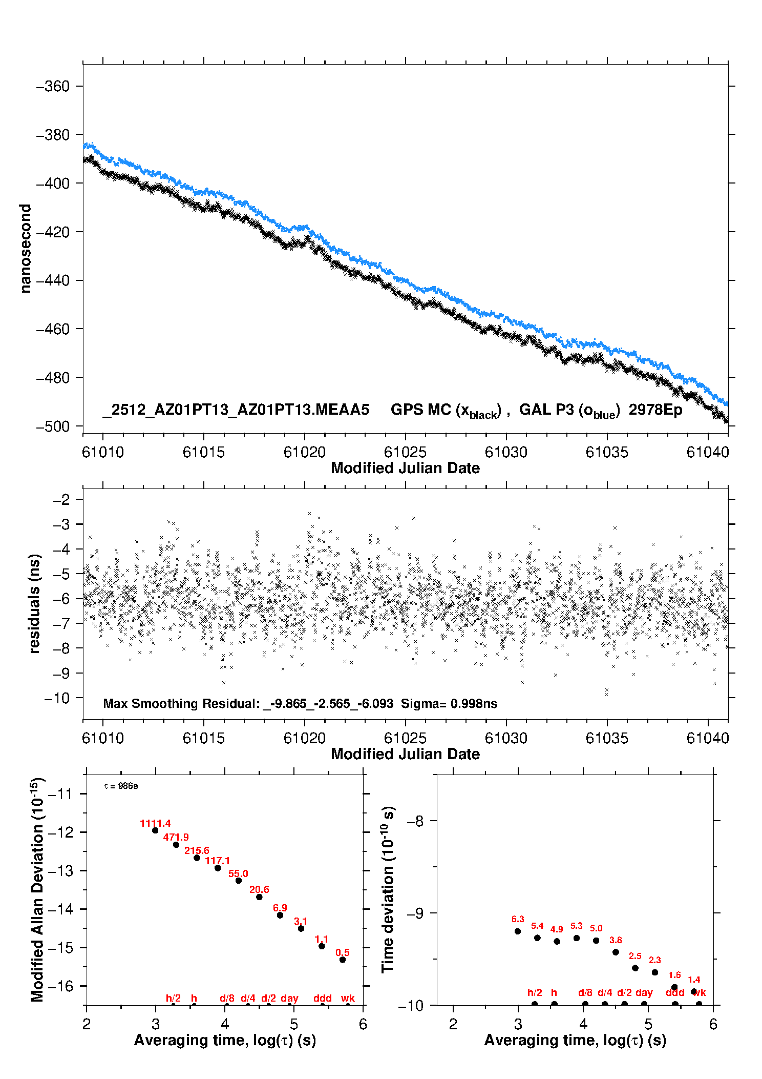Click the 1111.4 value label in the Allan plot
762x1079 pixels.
(155, 823)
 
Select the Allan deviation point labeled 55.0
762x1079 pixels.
(238, 880)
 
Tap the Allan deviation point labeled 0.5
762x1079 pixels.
(343, 960)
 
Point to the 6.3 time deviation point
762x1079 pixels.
(518, 931)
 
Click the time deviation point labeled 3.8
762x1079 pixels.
(616, 952)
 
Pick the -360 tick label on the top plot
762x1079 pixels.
(53, 86)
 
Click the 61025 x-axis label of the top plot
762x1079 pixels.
(405, 452)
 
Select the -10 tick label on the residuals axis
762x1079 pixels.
(56, 698)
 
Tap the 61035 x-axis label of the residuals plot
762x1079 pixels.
(607, 738)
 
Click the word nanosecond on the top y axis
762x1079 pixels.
(25, 249)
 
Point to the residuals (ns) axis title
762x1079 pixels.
(34, 603)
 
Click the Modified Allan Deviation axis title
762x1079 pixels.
(37, 889)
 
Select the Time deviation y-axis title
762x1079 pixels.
(388, 889)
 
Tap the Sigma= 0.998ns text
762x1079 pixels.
(449, 703)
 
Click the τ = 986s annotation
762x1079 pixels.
(121, 786)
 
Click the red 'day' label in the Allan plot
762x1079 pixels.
(289, 998)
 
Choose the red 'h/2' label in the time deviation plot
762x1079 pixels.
(535, 992)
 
